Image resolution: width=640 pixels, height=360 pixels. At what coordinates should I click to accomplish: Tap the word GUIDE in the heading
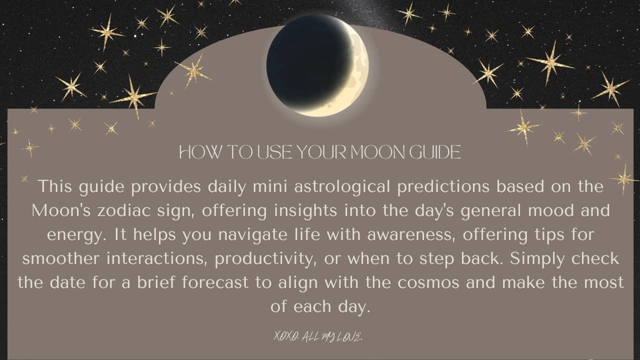pyautogui.click(x=435, y=152)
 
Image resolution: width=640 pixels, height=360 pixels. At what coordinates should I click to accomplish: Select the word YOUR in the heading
pyautogui.click(x=321, y=152)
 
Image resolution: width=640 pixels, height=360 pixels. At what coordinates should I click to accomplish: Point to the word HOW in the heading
pyautogui.click(x=200, y=152)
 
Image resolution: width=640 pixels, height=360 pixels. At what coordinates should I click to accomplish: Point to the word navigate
pyautogui.click(x=253, y=235)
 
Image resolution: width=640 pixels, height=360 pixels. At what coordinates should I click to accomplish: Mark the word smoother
pyautogui.click(x=61, y=259)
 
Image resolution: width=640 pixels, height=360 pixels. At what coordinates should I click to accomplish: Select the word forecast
pyautogui.click(x=215, y=283)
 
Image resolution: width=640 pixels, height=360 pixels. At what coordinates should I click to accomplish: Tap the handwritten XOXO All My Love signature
pyautogui.click(x=318, y=337)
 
